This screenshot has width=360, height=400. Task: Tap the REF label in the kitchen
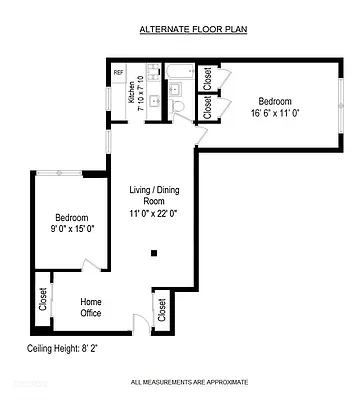(x=118, y=73)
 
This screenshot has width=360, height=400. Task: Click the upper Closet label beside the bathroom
(x=207, y=78)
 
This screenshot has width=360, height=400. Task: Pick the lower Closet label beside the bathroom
(x=207, y=108)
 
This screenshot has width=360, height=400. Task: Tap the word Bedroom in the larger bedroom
(x=277, y=101)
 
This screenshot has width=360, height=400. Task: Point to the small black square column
(x=153, y=253)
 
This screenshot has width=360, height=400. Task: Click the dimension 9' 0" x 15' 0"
(x=71, y=229)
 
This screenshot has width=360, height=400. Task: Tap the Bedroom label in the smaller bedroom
(x=71, y=217)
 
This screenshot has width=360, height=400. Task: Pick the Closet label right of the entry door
(x=162, y=311)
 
